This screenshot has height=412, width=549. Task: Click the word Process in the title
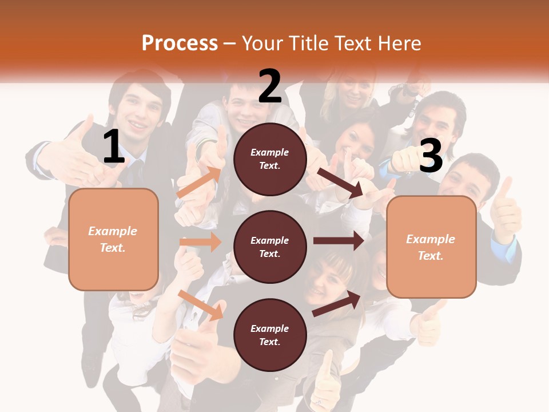(x=180, y=43)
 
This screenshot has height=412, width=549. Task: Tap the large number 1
(x=114, y=147)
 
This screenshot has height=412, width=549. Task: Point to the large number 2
(x=270, y=86)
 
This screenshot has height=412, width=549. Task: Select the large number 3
(x=431, y=156)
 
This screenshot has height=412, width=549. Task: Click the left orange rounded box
(x=113, y=239)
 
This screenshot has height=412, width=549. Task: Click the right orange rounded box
(x=431, y=247)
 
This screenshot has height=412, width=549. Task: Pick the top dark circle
(x=270, y=159)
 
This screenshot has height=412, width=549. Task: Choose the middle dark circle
(x=270, y=247)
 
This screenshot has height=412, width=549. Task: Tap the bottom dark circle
(x=270, y=335)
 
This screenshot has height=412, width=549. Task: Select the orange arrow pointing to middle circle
(x=200, y=242)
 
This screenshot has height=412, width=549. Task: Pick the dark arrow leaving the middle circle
(x=339, y=241)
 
